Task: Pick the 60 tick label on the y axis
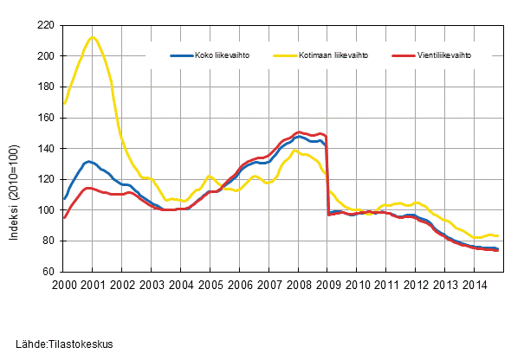click(49, 272)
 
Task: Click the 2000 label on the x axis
click(64, 285)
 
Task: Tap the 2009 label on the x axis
click(327, 285)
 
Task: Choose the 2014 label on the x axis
click(474, 285)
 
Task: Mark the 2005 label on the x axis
click(210, 285)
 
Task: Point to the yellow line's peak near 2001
click(93, 37)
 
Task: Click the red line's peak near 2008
click(300, 132)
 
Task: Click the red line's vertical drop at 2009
click(327, 173)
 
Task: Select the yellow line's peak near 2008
click(296, 151)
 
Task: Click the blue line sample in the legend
click(180, 55)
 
